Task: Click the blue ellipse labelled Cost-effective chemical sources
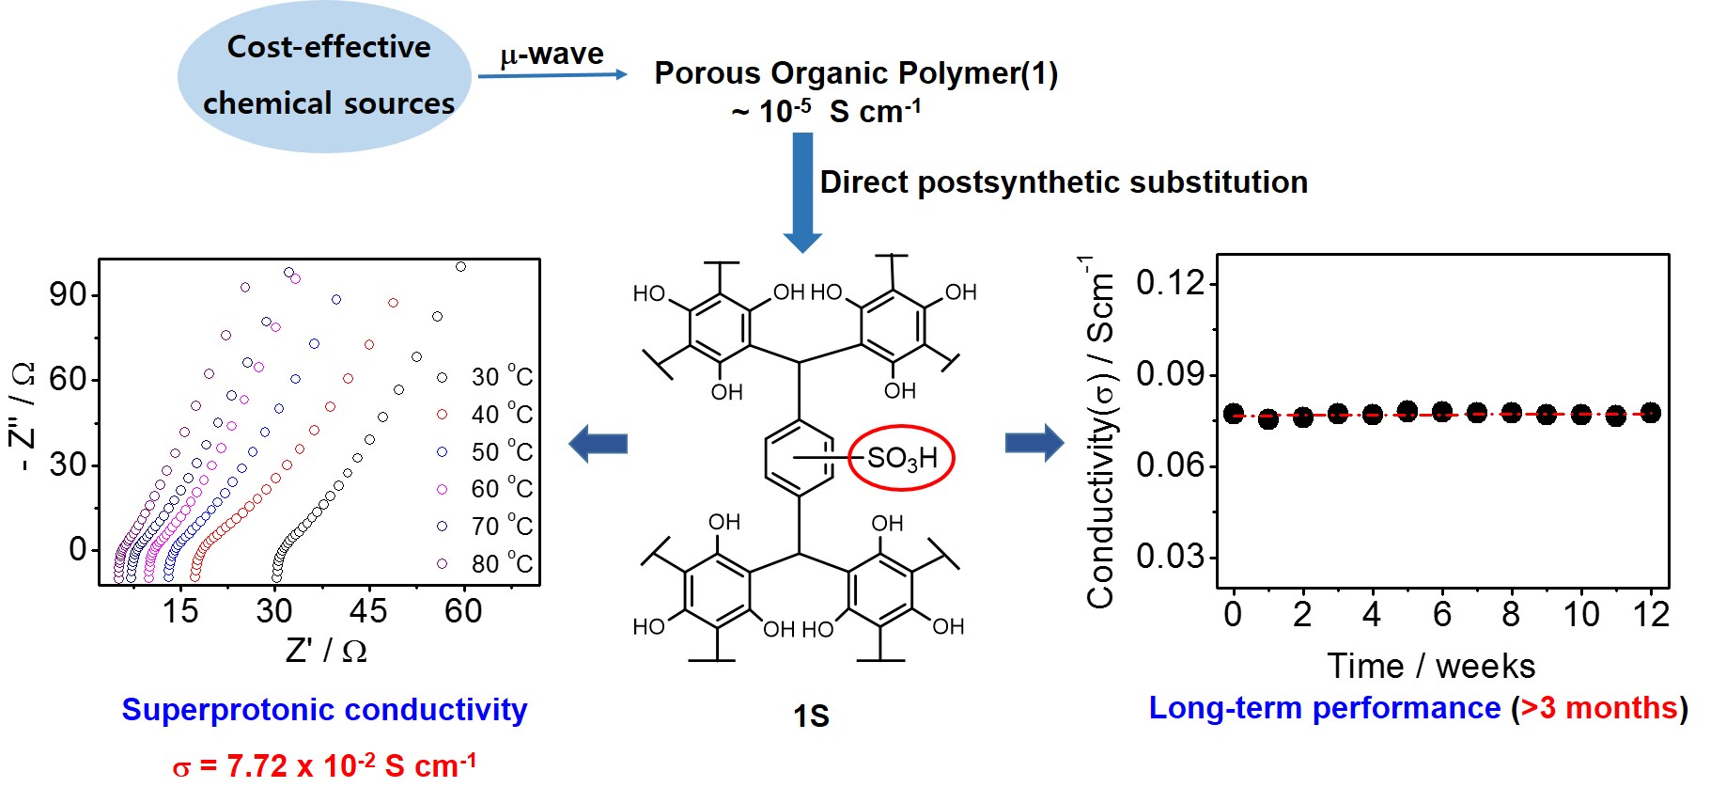[x=324, y=75]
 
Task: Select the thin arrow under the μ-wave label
[x=552, y=74]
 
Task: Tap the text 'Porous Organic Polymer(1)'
[x=856, y=73]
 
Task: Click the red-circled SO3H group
[x=901, y=458]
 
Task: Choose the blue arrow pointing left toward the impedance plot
[x=599, y=443]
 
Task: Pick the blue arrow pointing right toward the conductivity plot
[x=1034, y=442]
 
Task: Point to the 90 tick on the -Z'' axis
[x=68, y=294]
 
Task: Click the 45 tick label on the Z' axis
[x=368, y=611]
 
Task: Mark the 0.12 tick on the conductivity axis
[x=1170, y=282]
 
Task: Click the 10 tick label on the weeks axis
[x=1581, y=615]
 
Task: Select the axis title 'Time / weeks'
[x=1431, y=666]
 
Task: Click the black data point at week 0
[x=1234, y=414]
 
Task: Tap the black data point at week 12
[x=1651, y=412]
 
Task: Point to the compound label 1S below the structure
[x=811, y=716]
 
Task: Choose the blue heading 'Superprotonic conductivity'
[x=324, y=710]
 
